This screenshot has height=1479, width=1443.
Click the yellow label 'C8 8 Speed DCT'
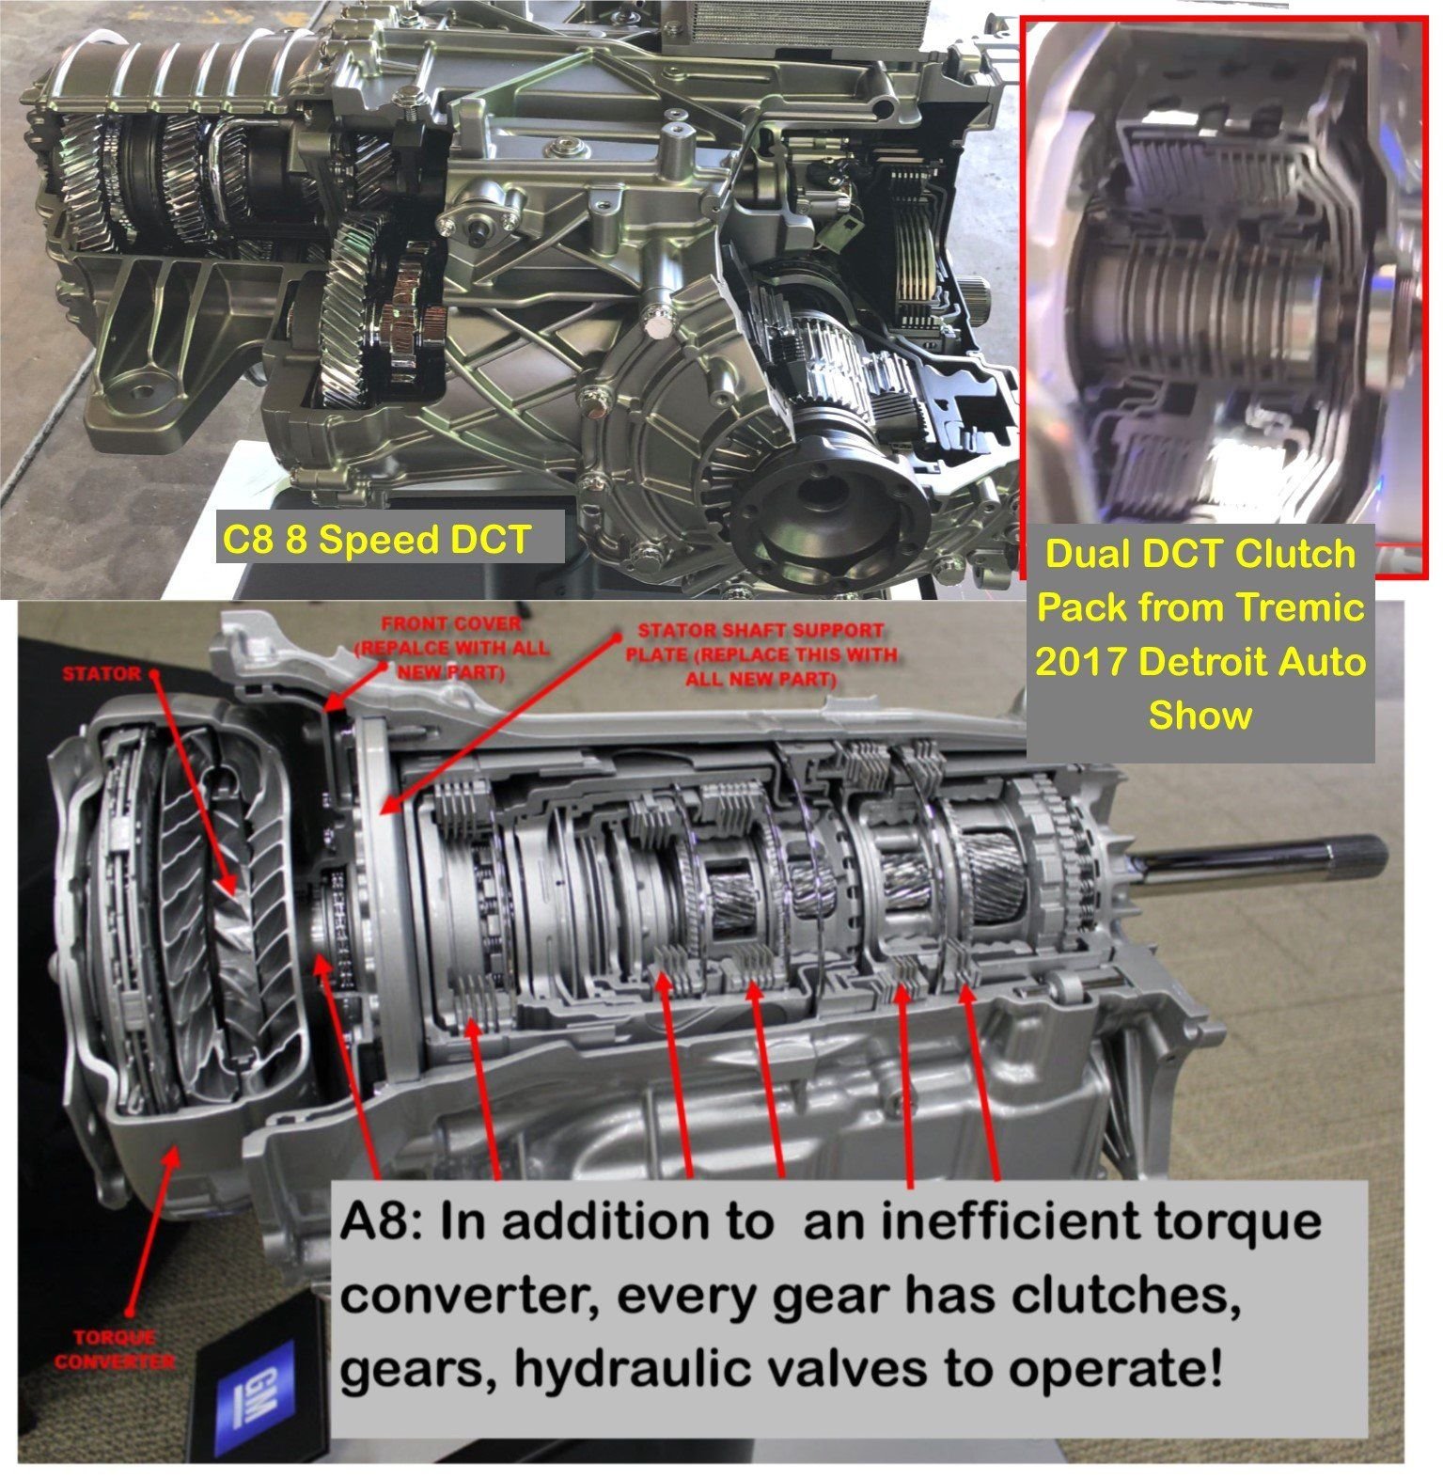[x=376, y=540]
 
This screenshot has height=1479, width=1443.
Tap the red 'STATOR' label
[x=101, y=673]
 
